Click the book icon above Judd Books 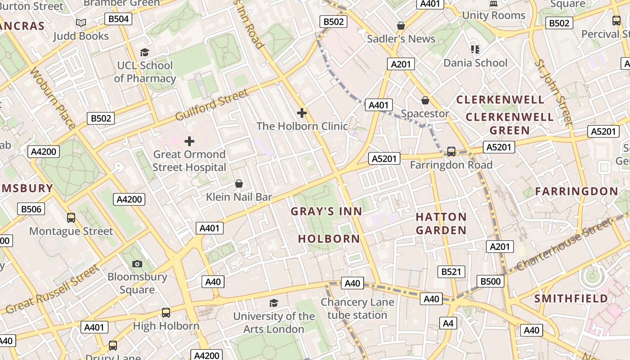click(81, 22)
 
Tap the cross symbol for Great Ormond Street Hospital click(189, 141)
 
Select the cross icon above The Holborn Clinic click(302, 113)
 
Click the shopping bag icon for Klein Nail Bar click(239, 184)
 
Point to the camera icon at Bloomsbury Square click(137, 264)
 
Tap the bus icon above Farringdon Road click(451, 152)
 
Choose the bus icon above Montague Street click(71, 218)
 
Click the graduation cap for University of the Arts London click(274, 303)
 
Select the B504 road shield click(118, 18)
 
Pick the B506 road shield click(31, 209)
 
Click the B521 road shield click(451, 271)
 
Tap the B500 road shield click(490, 281)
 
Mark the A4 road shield click(448, 323)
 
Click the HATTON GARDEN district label click(441, 224)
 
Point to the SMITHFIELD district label click(571, 298)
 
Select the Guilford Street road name click(211, 105)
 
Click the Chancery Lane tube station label click(357, 309)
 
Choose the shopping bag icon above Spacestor click(425, 100)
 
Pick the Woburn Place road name click(53, 98)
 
